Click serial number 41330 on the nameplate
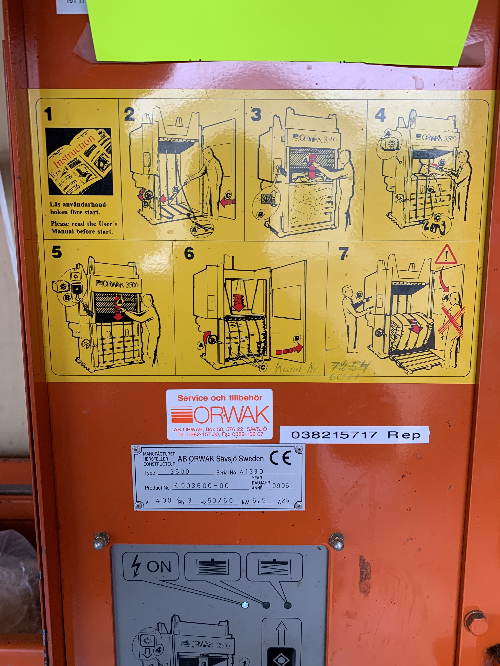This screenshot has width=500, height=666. coord(251,471)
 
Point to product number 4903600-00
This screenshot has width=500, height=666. coord(202,486)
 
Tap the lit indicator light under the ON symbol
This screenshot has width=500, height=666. coord(245,605)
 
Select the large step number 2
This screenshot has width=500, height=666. coord(129,114)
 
